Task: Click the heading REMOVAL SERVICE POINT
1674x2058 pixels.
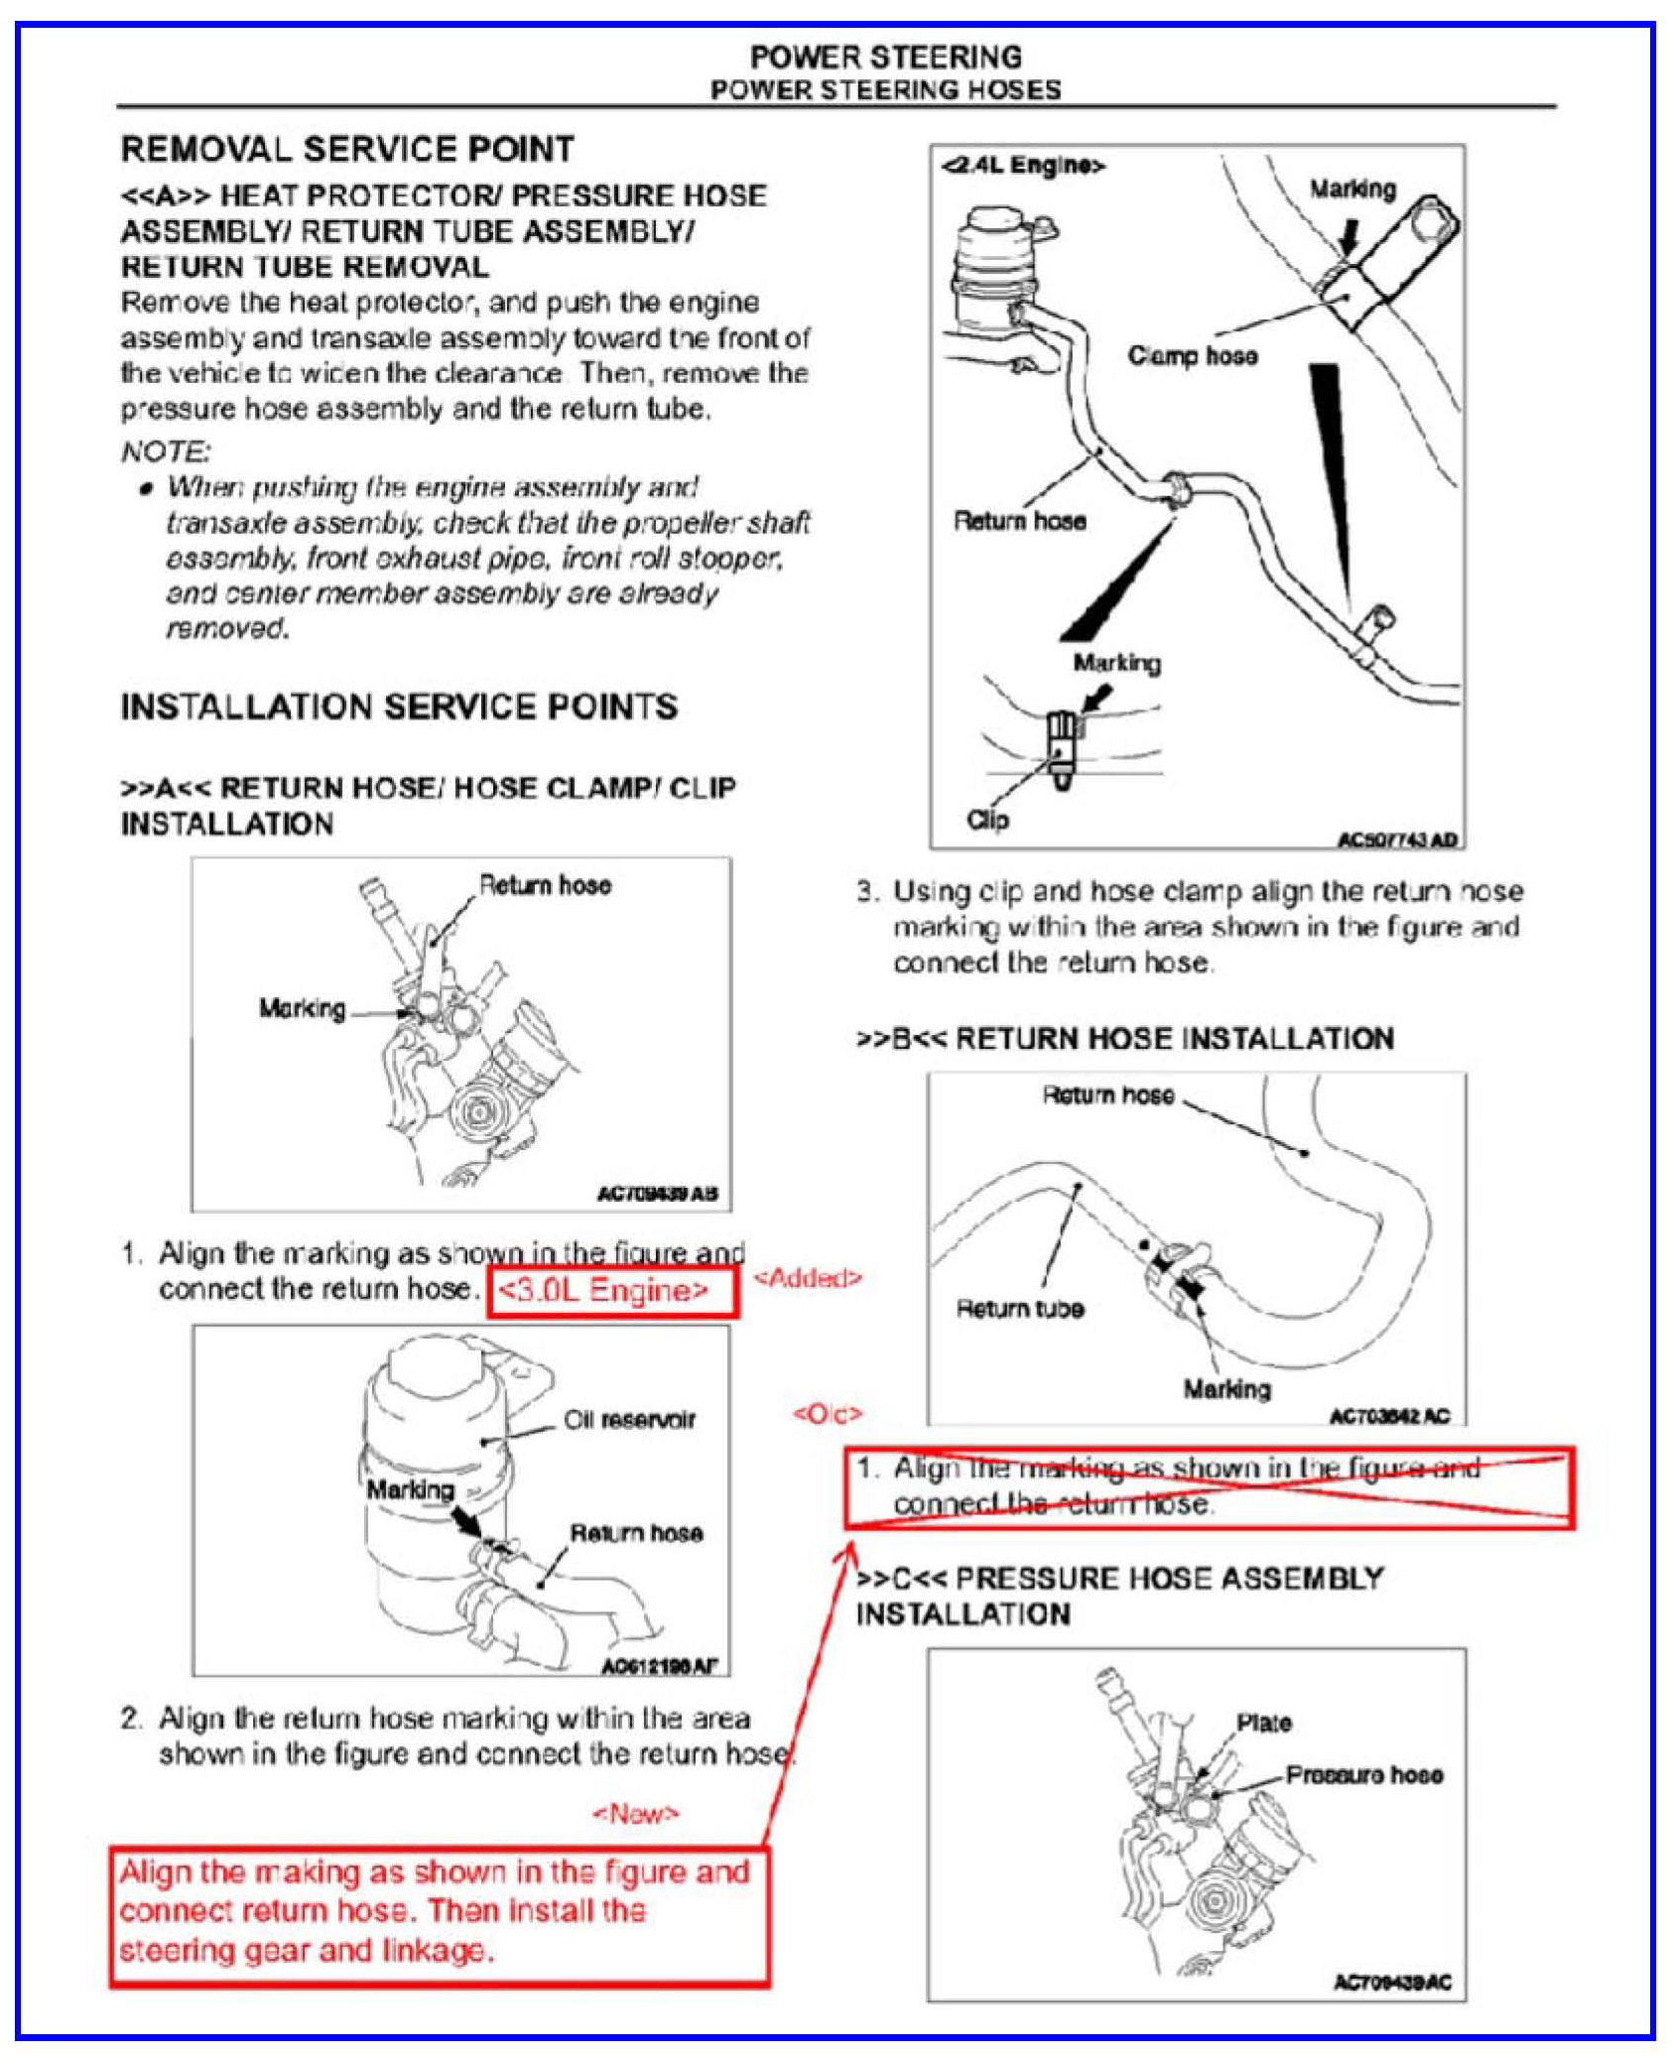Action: (347, 149)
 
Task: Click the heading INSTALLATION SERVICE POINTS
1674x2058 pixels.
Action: (399, 707)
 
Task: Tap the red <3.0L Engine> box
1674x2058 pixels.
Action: (612, 1290)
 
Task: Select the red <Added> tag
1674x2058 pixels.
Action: (808, 1277)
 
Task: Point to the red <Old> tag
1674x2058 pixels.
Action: (828, 1413)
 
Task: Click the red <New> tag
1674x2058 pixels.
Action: (636, 1814)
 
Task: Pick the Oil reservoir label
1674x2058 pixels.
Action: (629, 1420)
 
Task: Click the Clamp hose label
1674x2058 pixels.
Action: (1192, 355)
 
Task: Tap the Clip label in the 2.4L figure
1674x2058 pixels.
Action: (987, 820)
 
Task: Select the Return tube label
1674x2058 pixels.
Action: (1019, 1309)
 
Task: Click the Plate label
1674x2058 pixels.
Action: (1263, 1723)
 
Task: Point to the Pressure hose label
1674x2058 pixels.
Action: (1364, 1774)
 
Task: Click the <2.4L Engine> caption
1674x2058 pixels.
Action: (1023, 166)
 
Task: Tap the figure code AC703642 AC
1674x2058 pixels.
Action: (1389, 1415)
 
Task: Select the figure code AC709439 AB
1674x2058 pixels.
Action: (657, 1194)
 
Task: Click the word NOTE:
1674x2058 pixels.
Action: (166, 451)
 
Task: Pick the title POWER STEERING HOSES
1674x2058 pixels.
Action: (885, 89)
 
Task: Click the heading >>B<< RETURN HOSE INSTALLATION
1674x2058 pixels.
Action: (1125, 1038)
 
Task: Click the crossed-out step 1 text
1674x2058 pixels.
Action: (1186, 1485)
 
